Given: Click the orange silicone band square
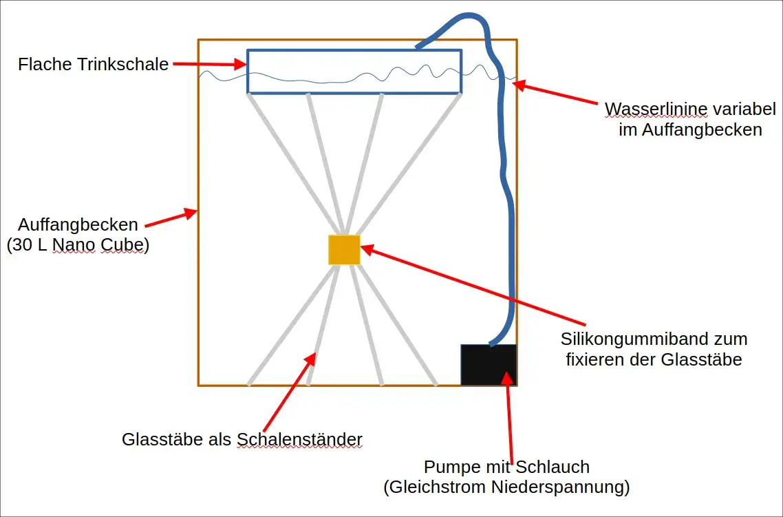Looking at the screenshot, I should [x=344, y=249].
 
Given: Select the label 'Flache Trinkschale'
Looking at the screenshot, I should [x=94, y=65].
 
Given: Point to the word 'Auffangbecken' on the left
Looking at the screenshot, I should [x=78, y=224].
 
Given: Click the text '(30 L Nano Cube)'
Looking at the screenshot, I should [x=78, y=246].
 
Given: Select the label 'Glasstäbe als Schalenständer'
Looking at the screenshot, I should [x=242, y=439].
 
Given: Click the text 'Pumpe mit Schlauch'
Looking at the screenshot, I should [x=506, y=467].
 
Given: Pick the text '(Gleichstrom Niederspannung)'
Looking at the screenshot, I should [x=506, y=487].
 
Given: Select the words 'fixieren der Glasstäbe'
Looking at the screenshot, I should [x=654, y=359].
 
